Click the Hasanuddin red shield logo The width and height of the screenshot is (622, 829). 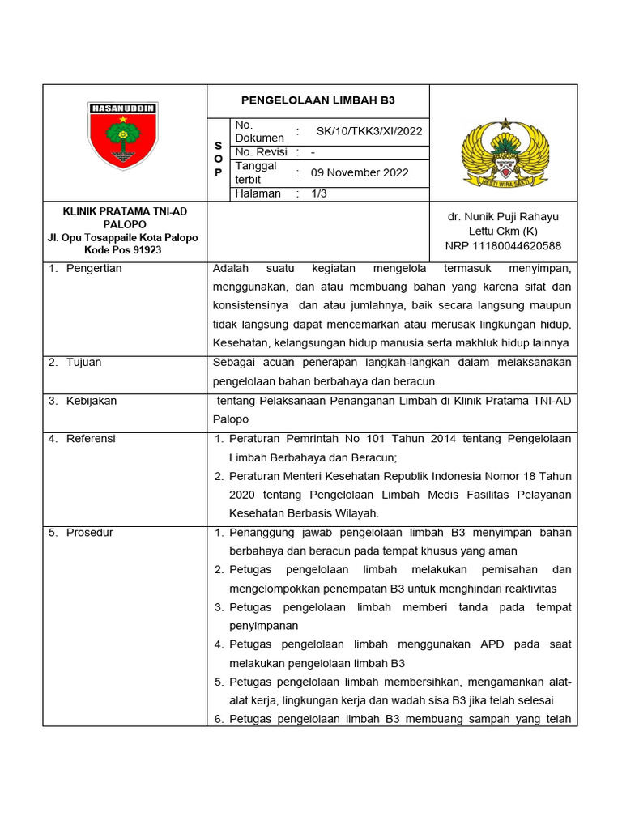click(x=124, y=137)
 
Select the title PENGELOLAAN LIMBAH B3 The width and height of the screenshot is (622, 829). click(x=319, y=100)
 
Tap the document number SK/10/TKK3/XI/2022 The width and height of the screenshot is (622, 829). click(x=369, y=131)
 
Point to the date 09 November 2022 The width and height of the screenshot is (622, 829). click(x=360, y=172)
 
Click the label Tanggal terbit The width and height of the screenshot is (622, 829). click(x=256, y=172)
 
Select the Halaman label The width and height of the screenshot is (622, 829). click(x=258, y=194)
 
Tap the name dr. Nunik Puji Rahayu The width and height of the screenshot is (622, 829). click(x=502, y=217)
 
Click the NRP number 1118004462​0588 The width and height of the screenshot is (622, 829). click(x=502, y=246)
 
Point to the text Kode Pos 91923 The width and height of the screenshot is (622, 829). click(x=125, y=250)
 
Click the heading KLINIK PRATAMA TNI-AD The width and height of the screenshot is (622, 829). click(x=125, y=211)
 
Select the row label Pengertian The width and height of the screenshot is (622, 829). click(x=94, y=269)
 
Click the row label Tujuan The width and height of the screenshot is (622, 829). click(x=83, y=363)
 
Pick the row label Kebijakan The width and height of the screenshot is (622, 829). click(x=92, y=401)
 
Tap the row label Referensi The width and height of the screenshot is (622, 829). click(x=91, y=439)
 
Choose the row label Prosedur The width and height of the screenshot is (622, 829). click(x=89, y=533)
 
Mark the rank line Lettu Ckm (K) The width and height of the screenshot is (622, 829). click(x=502, y=232)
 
